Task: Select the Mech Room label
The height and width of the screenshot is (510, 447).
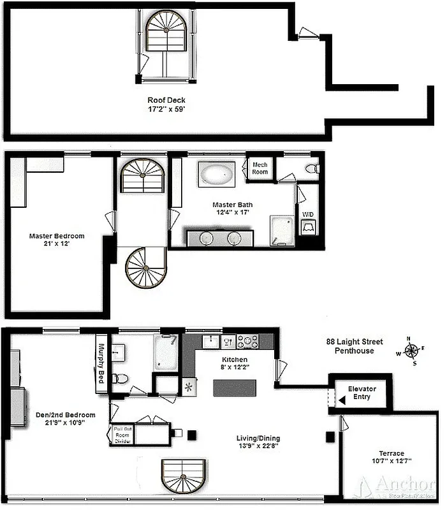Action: (260, 168)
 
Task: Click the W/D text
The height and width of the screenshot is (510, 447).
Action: (308, 214)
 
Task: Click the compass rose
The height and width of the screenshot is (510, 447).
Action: (412, 351)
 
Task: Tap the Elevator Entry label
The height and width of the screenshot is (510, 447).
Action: (362, 393)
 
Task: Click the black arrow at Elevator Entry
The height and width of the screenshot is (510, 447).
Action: (342, 400)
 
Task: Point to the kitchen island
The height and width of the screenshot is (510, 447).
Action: (235, 388)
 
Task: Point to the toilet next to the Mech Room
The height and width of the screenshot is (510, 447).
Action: (311, 168)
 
